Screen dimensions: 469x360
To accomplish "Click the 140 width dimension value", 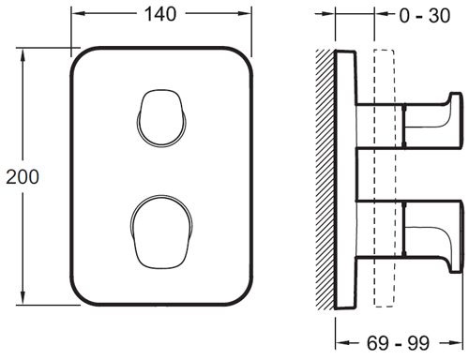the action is (160, 14).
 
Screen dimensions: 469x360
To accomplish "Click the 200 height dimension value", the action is (23, 177).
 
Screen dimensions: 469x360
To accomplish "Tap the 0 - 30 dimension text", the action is (425, 16).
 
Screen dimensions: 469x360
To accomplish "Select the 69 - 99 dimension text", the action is (398, 343).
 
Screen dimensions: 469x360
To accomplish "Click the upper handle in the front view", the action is (162, 118).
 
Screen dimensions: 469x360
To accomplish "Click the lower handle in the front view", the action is (161, 232).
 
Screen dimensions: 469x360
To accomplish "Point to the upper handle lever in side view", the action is (432, 121).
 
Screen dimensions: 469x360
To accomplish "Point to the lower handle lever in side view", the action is (432, 236).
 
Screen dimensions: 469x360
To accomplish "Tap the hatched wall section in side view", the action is (325, 179).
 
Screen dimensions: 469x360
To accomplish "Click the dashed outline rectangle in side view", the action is (384, 178).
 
